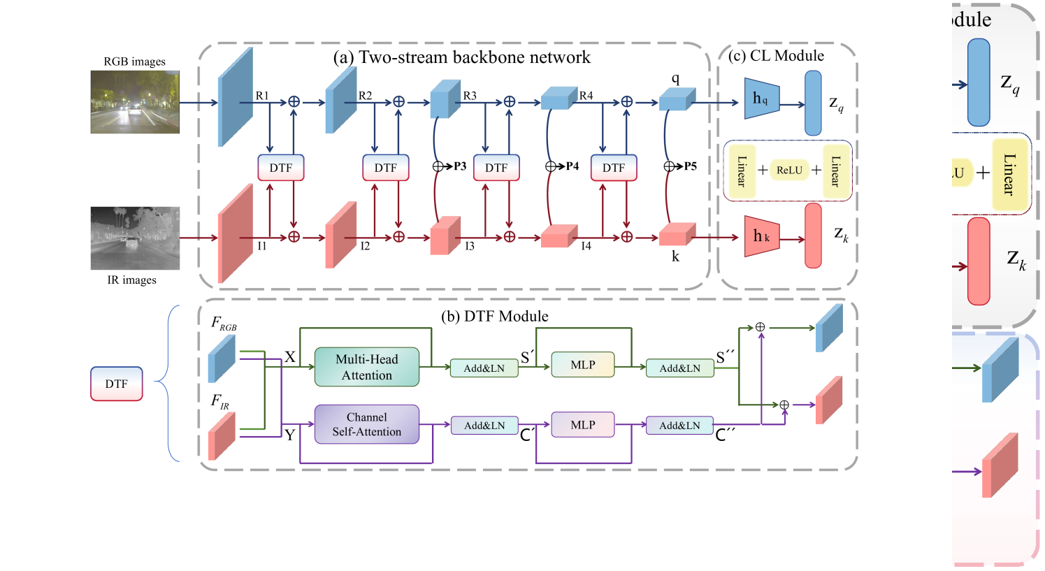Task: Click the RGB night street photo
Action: tap(135, 101)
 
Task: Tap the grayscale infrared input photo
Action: tap(135, 238)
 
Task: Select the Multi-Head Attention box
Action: tap(366, 367)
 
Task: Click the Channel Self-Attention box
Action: tap(366, 424)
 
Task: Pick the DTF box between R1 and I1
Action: tap(281, 168)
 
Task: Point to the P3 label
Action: tap(459, 166)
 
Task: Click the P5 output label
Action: tap(690, 166)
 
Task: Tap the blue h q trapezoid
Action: tap(761, 99)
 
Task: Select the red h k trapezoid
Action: tap(761, 236)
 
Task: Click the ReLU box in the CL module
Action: tap(789, 170)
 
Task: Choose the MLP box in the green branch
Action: tap(583, 365)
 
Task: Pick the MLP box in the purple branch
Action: tap(583, 424)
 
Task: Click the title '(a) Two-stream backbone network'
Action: tap(461, 57)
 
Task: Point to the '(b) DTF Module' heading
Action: tap(494, 316)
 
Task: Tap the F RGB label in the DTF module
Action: tap(224, 324)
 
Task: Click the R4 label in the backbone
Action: tap(586, 95)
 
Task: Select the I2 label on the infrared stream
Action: tap(365, 246)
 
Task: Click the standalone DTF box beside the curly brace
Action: tap(116, 384)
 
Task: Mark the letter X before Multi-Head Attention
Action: tap(290, 357)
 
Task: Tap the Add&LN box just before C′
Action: tap(484, 425)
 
